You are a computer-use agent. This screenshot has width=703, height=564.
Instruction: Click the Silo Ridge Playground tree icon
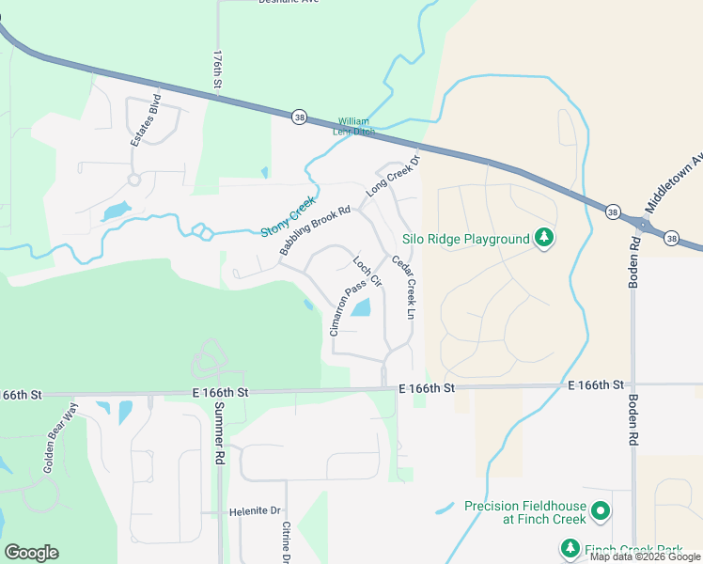543,239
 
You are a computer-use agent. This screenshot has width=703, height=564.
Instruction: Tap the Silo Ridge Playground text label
466,239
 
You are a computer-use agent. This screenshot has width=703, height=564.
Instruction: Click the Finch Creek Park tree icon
570,548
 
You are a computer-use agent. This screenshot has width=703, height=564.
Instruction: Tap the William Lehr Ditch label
355,126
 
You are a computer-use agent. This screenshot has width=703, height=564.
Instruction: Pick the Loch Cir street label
367,271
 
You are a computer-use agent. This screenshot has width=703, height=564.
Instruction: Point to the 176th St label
216,70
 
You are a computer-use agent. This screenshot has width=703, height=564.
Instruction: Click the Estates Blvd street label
147,119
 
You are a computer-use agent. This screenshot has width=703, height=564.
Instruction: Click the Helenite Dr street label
255,511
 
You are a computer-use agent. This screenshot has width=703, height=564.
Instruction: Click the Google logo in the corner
31,553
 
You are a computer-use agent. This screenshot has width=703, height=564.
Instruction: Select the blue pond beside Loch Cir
361,307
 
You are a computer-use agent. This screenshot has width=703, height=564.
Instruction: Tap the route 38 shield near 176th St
299,117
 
